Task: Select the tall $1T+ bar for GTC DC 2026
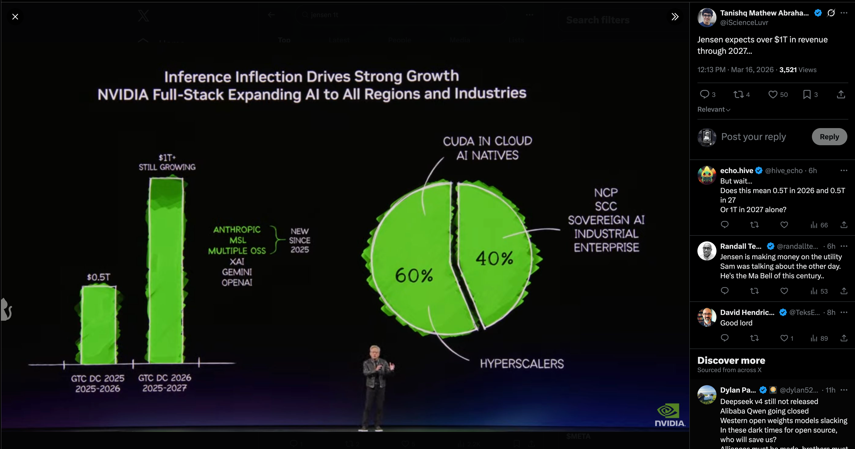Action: [x=166, y=270]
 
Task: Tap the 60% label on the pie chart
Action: [x=414, y=275]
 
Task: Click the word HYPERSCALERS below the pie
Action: [x=522, y=364]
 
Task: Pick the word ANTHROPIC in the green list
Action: [x=237, y=230]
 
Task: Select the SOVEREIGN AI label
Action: [x=606, y=220]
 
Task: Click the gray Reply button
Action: [x=829, y=137]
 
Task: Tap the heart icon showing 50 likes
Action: [x=773, y=95]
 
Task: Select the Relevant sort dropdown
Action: [x=714, y=110]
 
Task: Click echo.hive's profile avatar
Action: [x=707, y=175]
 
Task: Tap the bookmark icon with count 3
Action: [x=806, y=95]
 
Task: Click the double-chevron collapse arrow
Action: [x=675, y=17]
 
